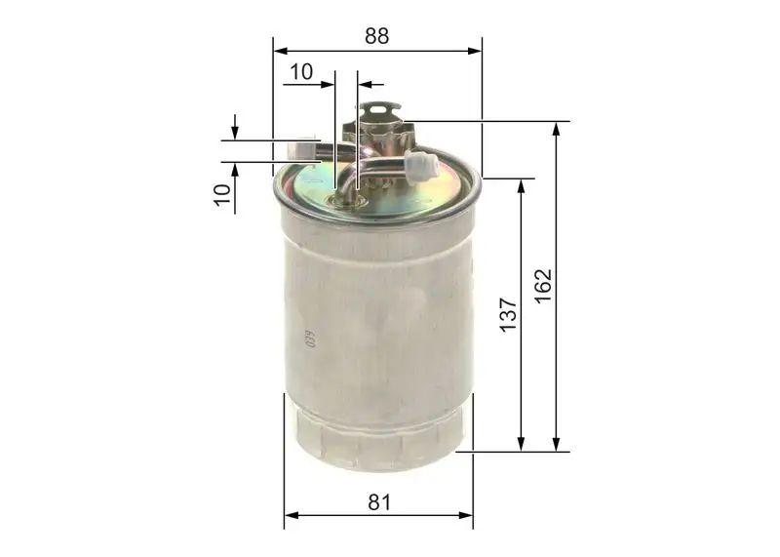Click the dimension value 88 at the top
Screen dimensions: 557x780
point(377,36)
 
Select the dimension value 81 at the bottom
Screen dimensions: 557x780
point(379,502)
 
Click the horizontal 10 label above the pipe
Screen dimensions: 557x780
point(301,70)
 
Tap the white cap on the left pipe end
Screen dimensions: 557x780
point(309,145)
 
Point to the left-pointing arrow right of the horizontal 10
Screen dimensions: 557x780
point(365,84)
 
